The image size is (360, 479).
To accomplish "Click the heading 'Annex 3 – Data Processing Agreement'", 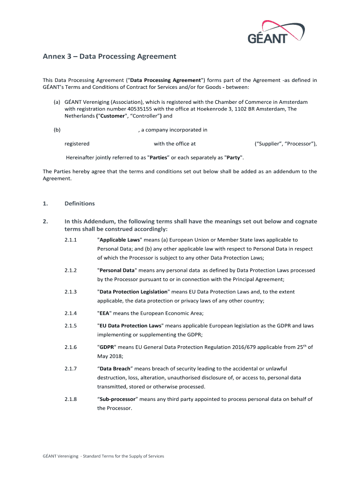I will tap(109, 57).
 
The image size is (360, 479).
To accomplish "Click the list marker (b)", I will tap(57, 130).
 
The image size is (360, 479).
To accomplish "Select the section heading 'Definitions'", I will tap(79, 203).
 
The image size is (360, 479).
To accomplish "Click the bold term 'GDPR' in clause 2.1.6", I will tap(105, 348).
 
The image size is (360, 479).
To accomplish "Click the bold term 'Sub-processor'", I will tap(117, 399).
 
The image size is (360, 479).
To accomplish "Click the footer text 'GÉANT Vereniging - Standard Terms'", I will tap(103, 456).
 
